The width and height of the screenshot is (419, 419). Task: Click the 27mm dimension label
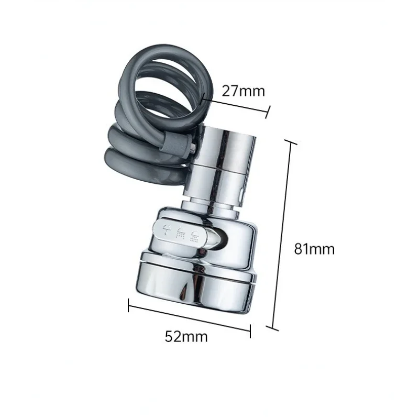coord(244,91)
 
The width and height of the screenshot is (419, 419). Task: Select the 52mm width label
coord(186,336)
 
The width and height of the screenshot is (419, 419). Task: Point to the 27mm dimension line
coord(236,105)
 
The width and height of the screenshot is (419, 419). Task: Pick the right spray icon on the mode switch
coord(195,234)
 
